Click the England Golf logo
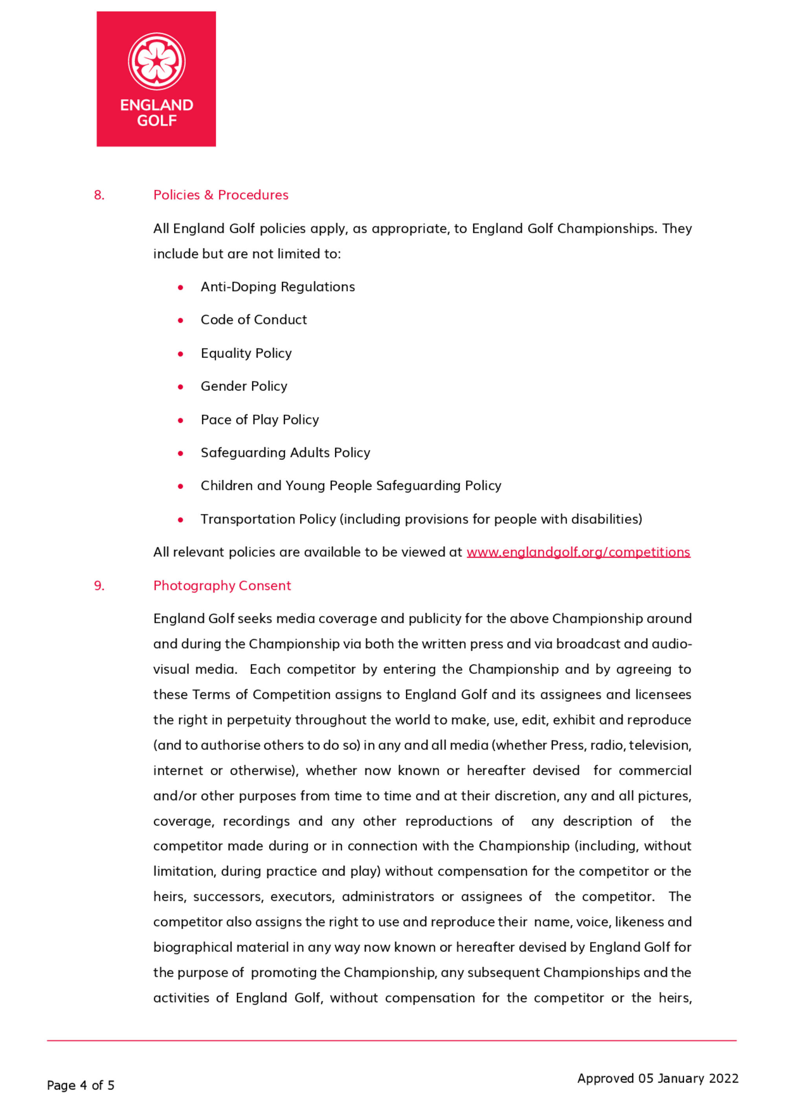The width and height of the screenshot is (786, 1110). point(156,79)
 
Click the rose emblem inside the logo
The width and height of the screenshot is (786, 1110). point(156,61)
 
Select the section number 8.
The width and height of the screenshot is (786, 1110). point(99,195)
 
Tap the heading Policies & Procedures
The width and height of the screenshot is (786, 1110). point(221,195)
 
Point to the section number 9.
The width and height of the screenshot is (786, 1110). point(99,585)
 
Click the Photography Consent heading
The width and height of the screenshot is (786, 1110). point(222,585)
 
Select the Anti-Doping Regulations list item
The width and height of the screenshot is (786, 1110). point(278,287)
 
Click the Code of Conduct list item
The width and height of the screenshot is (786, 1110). point(253,320)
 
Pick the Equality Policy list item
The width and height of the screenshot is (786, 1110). point(246,353)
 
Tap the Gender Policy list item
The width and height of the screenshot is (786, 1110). point(244,386)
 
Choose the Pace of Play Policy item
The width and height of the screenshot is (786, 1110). point(260,420)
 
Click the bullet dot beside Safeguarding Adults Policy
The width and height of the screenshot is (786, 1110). point(180,453)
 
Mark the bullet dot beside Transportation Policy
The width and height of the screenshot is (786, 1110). point(180,520)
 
